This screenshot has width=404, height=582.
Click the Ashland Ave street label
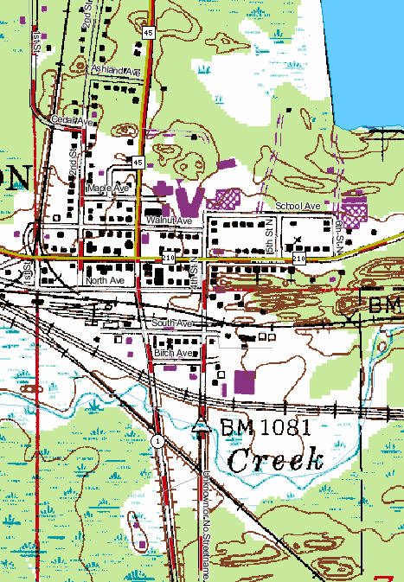[x=114, y=70]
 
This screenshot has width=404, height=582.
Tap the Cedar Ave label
[x=72, y=121]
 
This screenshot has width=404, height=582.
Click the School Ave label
[x=298, y=207]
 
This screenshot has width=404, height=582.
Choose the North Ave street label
[x=106, y=281]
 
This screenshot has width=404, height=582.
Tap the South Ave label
[x=171, y=323]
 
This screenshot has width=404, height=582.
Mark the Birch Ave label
[x=173, y=354]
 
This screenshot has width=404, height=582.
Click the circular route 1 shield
[x=157, y=441]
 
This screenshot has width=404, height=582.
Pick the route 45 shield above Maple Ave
[x=138, y=162]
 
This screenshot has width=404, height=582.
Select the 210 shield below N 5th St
[x=299, y=259]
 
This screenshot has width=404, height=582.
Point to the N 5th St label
[x=270, y=231]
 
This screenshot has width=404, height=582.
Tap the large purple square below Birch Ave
[x=246, y=381]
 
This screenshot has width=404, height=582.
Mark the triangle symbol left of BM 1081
[x=202, y=424]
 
